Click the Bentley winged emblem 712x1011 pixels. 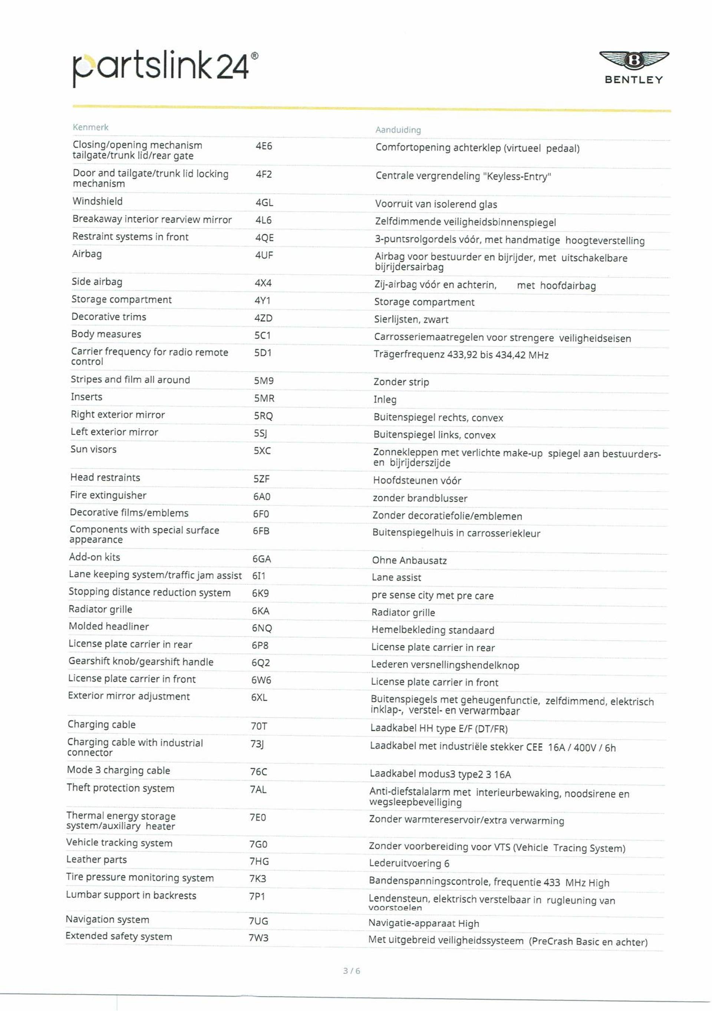634,60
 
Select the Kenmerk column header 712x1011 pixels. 90,127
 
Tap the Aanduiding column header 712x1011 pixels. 398,130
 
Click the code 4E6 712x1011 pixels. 264,146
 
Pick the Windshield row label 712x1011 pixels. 98,201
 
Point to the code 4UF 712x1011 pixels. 264,255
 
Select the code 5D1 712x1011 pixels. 263,353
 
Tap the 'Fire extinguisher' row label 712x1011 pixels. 108,495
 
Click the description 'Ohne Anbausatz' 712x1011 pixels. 409,561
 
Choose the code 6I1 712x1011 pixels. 259,576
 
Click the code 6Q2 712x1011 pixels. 260,663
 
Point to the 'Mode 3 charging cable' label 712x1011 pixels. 118,770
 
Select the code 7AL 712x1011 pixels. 258,790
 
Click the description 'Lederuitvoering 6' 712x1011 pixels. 409,863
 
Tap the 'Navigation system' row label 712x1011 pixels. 108,919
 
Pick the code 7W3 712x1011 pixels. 258,938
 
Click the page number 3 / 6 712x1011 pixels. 352,971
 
